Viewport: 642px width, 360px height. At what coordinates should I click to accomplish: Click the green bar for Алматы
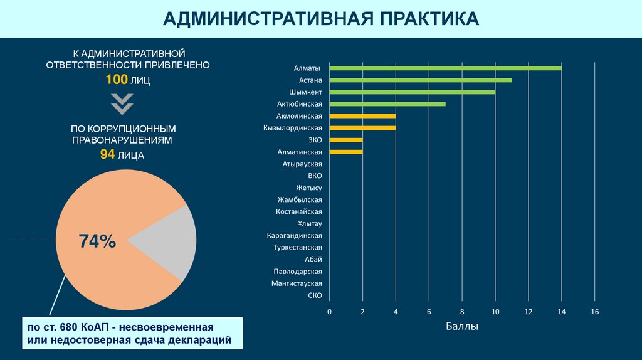tap(445, 68)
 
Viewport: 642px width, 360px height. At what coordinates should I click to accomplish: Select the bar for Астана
tap(420, 80)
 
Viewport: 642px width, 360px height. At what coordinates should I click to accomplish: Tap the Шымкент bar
tap(412, 92)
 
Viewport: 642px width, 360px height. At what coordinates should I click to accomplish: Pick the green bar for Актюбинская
tap(387, 104)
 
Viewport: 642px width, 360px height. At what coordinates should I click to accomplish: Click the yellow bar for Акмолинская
tap(362, 116)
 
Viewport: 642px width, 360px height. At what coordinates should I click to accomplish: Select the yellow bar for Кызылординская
tap(362, 128)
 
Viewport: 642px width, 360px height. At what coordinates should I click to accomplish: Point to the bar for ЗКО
tap(345, 140)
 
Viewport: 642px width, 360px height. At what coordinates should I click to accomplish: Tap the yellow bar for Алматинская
tap(345, 152)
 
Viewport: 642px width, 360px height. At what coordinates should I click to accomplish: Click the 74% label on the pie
tap(97, 241)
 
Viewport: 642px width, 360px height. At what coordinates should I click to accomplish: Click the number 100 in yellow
tap(116, 80)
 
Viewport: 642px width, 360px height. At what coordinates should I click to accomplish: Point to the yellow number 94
tap(107, 155)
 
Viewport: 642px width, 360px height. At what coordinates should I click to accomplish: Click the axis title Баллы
tap(462, 326)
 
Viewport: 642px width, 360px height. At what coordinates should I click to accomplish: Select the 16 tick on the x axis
tap(595, 312)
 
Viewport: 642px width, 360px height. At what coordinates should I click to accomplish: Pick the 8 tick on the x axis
tap(462, 312)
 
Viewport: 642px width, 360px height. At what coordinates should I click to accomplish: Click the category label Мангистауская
tap(297, 283)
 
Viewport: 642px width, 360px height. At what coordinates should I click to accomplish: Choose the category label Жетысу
tap(308, 188)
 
